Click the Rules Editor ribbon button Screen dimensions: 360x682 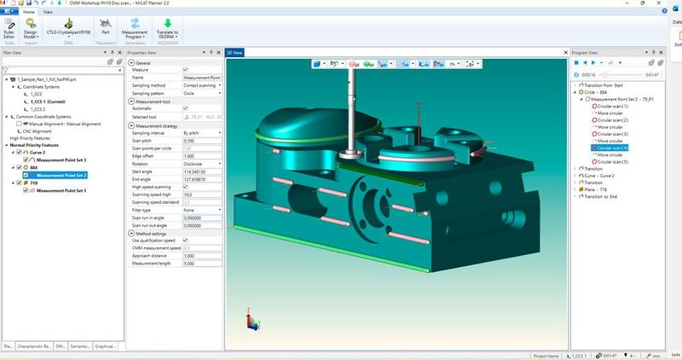click(x=10, y=31)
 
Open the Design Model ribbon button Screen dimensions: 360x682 click(x=31, y=31)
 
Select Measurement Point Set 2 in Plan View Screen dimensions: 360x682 click(x=59, y=175)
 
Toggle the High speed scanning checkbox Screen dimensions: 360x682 click(x=187, y=187)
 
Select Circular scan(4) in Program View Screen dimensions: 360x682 click(x=613, y=148)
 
